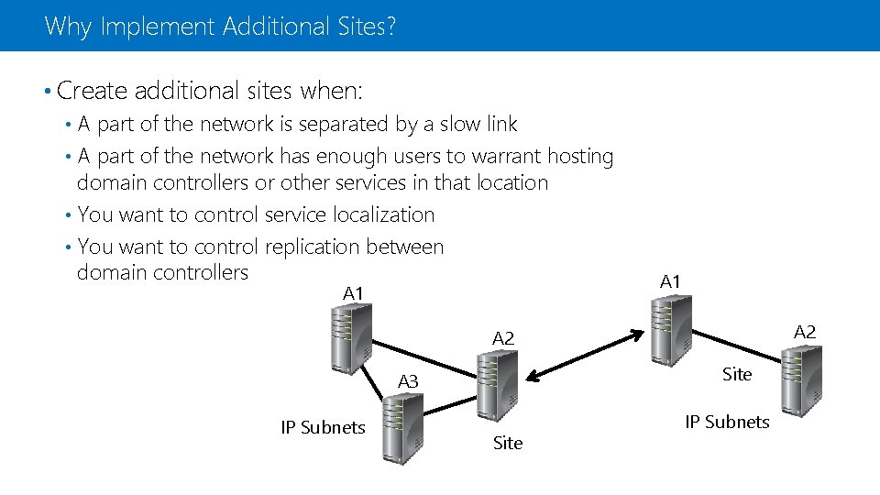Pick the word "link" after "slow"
pos(499,124)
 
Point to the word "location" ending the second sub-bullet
pos(511,182)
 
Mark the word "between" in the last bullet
pos(405,247)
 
